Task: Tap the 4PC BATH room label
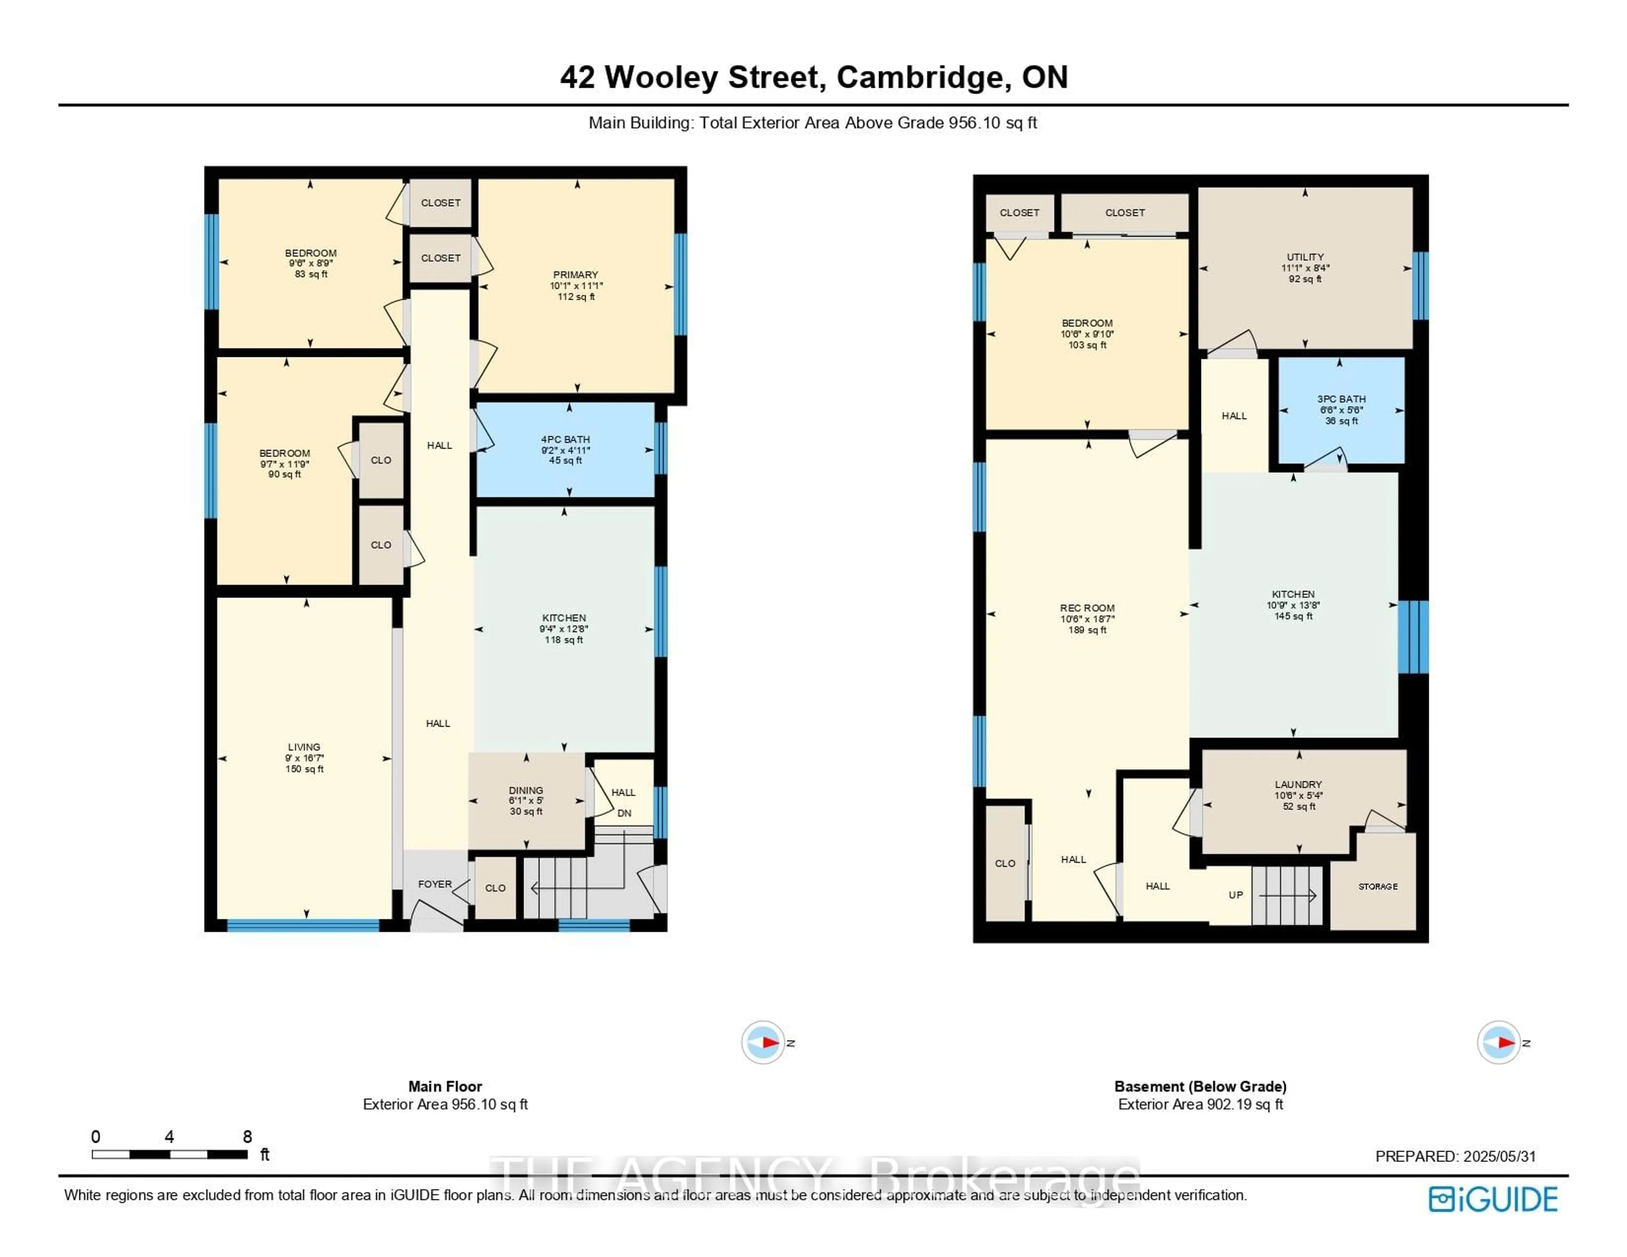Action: (x=566, y=440)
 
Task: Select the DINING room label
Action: (x=526, y=791)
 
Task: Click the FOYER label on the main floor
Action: (x=435, y=885)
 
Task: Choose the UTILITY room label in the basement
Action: (x=1305, y=257)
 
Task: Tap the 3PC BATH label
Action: (x=1342, y=400)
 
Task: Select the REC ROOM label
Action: (x=1088, y=608)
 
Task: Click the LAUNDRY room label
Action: (x=1299, y=785)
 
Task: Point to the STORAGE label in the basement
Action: (x=1378, y=887)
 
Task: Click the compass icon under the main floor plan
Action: (x=763, y=1042)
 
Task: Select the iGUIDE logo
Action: (x=1493, y=1200)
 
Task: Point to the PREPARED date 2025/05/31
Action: (x=1499, y=1157)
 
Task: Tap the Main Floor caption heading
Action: (x=445, y=1086)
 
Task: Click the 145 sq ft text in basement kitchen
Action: (x=1293, y=616)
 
